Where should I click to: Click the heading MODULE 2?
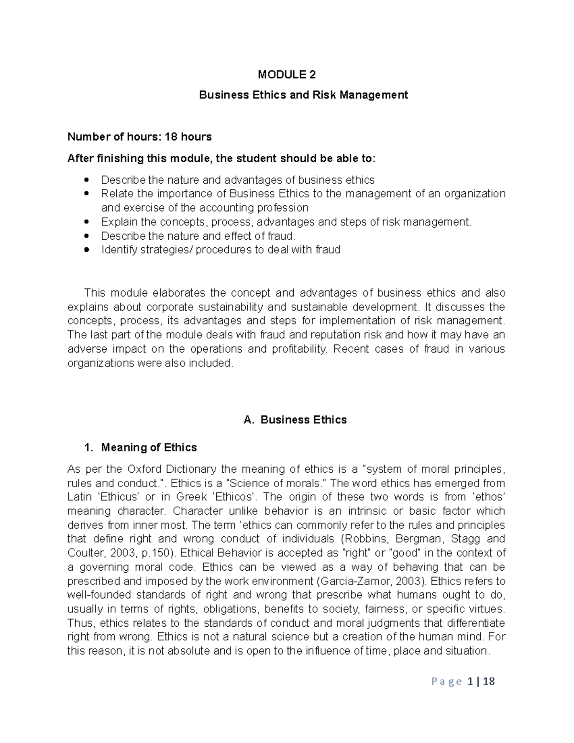[x=287, y=75]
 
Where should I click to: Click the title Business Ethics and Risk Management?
[x=303, y=95]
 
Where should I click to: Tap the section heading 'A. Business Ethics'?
[x=295, y=420]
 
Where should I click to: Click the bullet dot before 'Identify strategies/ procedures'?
[x=87, y=250]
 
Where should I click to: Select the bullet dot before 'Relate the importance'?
[x=87, y=194]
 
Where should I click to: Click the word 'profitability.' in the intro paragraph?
[x=300, y=349]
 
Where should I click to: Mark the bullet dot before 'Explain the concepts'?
[x=87, y=222]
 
